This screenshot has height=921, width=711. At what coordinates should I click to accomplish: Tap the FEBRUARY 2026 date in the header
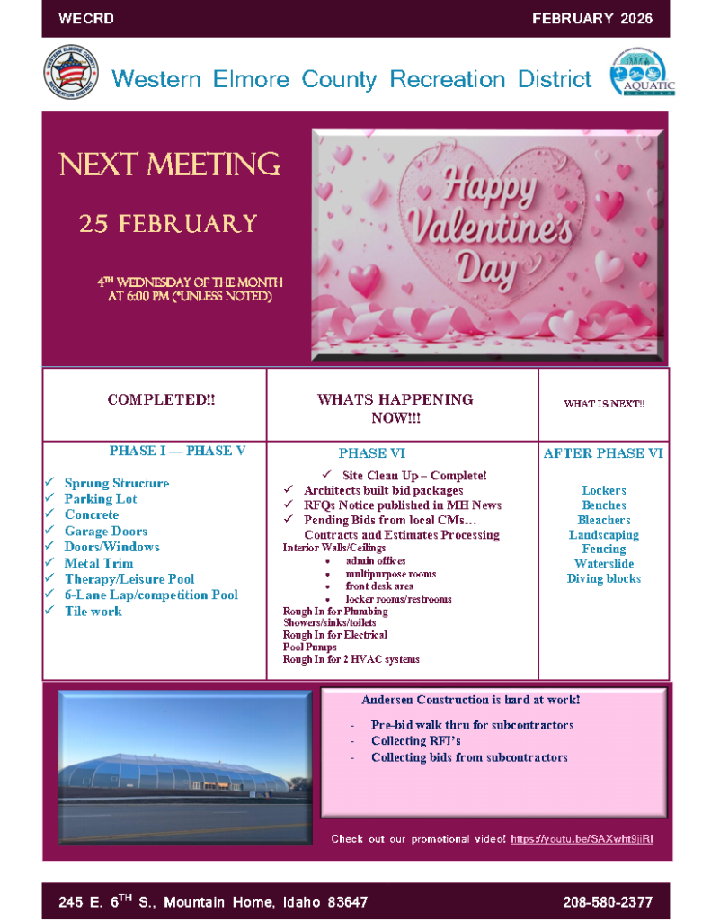[x=591, y=18]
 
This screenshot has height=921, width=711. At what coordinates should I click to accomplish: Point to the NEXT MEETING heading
[x=170, y=165]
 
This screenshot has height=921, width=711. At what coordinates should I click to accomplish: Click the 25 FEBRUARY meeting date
[x=168, y=223]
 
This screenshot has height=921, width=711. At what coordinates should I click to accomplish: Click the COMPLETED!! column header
[x=161, y=399]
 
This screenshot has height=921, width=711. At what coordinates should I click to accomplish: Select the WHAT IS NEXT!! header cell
[x=604, y=404]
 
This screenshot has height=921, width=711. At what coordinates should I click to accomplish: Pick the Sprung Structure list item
[x=116, y=483]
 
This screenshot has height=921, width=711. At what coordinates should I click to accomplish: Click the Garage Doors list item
[x=105, y=531]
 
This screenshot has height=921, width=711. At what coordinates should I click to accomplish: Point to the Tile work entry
[x=93, y=611]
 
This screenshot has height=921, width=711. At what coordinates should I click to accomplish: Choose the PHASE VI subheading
[x=371, y=453]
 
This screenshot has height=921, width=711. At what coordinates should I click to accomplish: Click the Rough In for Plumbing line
[x=335, y=611]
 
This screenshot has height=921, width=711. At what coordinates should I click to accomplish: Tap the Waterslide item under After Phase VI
[x=604, y=564]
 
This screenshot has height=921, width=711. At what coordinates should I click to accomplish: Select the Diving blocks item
[x=604, y=578]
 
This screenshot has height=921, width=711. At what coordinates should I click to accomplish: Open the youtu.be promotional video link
[x=582, y=838]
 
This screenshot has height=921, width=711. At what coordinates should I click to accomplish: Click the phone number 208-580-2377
[x=608, y=901]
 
